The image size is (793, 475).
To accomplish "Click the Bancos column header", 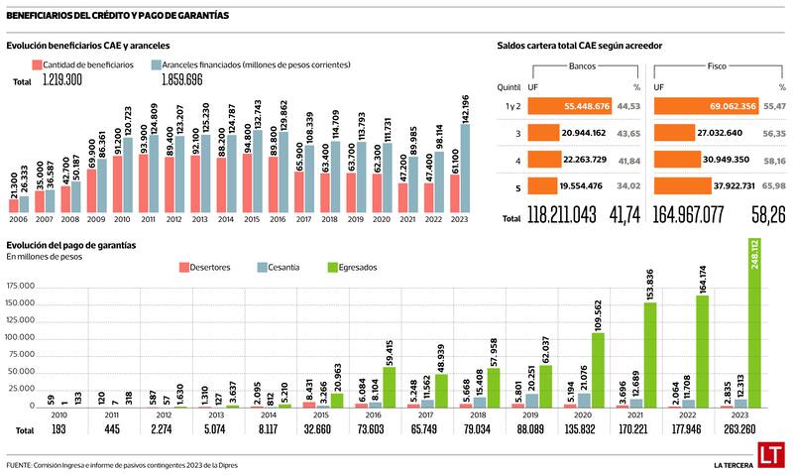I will click(x=583, y=66).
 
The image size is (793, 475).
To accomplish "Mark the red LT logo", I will click(x=770, y=455).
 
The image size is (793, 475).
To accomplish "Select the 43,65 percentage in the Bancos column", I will click(x=627, y=133).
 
